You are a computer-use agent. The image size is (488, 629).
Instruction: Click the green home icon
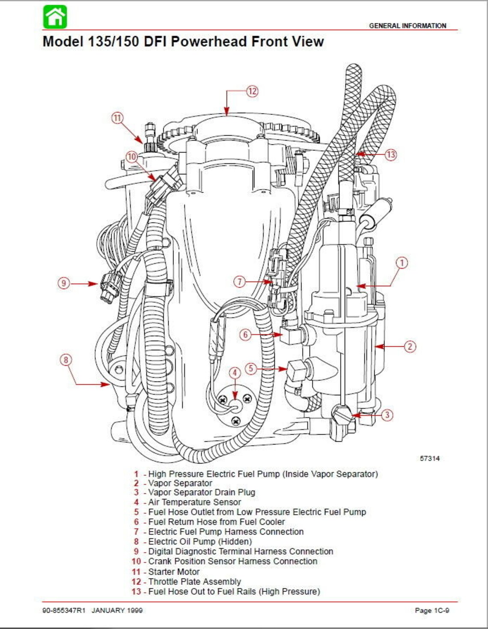[55, 17]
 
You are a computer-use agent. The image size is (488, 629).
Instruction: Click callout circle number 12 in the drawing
[252, 91]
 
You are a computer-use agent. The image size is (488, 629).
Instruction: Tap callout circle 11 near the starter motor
[117, 118]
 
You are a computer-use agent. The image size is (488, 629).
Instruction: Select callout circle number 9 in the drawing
[64, 283]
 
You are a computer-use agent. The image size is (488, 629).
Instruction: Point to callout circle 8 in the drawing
[65, 360]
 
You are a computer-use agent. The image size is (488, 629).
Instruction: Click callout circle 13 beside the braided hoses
[390, 155]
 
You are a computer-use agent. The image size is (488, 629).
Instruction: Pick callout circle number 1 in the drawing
[402, 262]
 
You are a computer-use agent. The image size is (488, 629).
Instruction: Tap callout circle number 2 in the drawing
[410, 346]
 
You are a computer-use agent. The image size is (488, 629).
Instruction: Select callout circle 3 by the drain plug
[387, 414]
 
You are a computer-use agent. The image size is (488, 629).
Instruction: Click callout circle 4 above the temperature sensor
[235, 373]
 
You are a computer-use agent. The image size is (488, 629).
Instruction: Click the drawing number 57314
[429, 458]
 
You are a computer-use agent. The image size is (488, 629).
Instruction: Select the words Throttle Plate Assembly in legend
[194, 581]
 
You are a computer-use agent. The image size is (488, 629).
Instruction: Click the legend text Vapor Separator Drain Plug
[201, 492]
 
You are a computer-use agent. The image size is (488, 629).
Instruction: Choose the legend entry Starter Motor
[174, 572]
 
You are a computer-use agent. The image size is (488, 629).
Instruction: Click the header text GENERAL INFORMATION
[408, 26]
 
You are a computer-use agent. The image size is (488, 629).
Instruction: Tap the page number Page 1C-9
[432, 610]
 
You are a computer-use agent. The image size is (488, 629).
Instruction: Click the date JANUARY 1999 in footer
[117, 610]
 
